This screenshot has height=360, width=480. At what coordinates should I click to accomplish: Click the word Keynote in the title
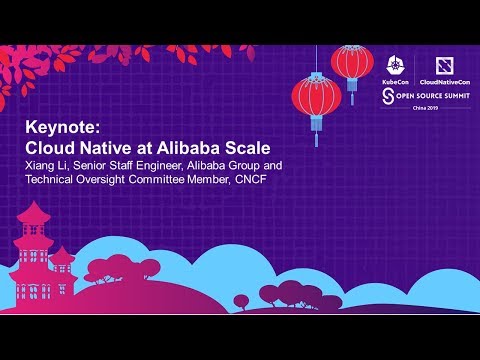click(x=57, y=128)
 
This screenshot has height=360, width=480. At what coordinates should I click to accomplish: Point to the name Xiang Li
click(x=46, y=164)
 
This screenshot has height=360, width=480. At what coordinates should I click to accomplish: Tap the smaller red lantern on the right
click(x=351, y=63)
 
